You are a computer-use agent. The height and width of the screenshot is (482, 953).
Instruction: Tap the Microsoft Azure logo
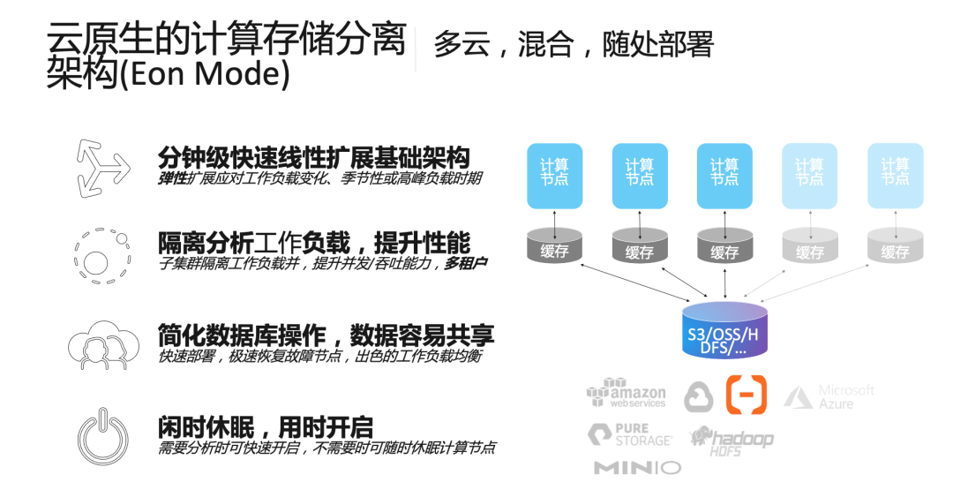click(x=829, y=396)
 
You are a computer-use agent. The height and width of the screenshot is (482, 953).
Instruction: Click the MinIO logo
click(x=636, y=467)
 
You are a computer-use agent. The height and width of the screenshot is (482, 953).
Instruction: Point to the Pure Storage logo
click(x=630, y=433)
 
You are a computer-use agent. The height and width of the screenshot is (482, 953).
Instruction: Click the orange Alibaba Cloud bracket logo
click(x=746, y=395)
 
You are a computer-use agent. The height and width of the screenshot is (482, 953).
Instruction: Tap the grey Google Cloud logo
click(x=699, y=396)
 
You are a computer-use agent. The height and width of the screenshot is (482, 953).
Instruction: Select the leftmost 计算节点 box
click(x=554, y=175)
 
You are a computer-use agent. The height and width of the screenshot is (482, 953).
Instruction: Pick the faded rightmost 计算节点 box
click(x=895, y=175)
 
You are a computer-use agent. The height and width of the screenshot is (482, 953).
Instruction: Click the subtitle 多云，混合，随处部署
click(x=573, y=43)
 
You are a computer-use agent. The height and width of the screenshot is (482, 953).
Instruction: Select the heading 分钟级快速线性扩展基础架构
click(x=313, y=159)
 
